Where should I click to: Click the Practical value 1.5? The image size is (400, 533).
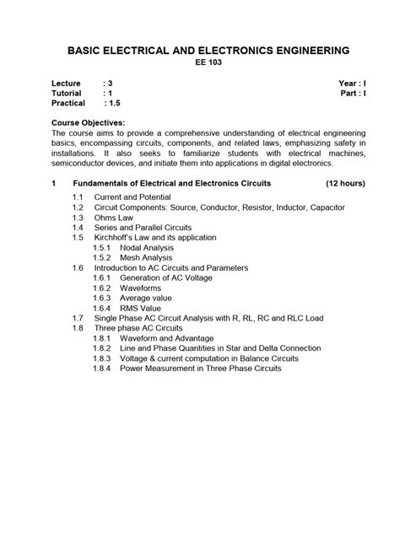point(111,104)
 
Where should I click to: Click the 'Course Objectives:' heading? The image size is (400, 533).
point(89,123)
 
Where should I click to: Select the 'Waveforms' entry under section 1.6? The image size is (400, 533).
point(140,288)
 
